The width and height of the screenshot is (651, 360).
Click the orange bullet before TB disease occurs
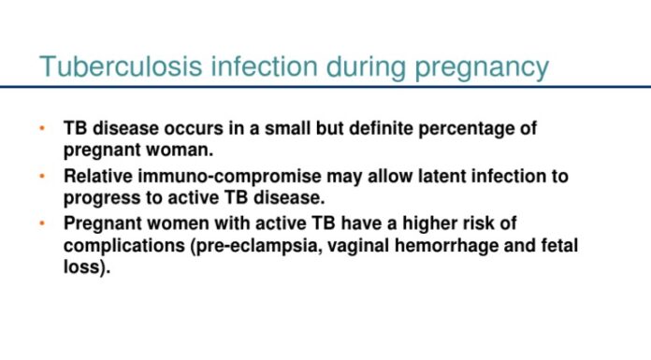click(41, 128)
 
